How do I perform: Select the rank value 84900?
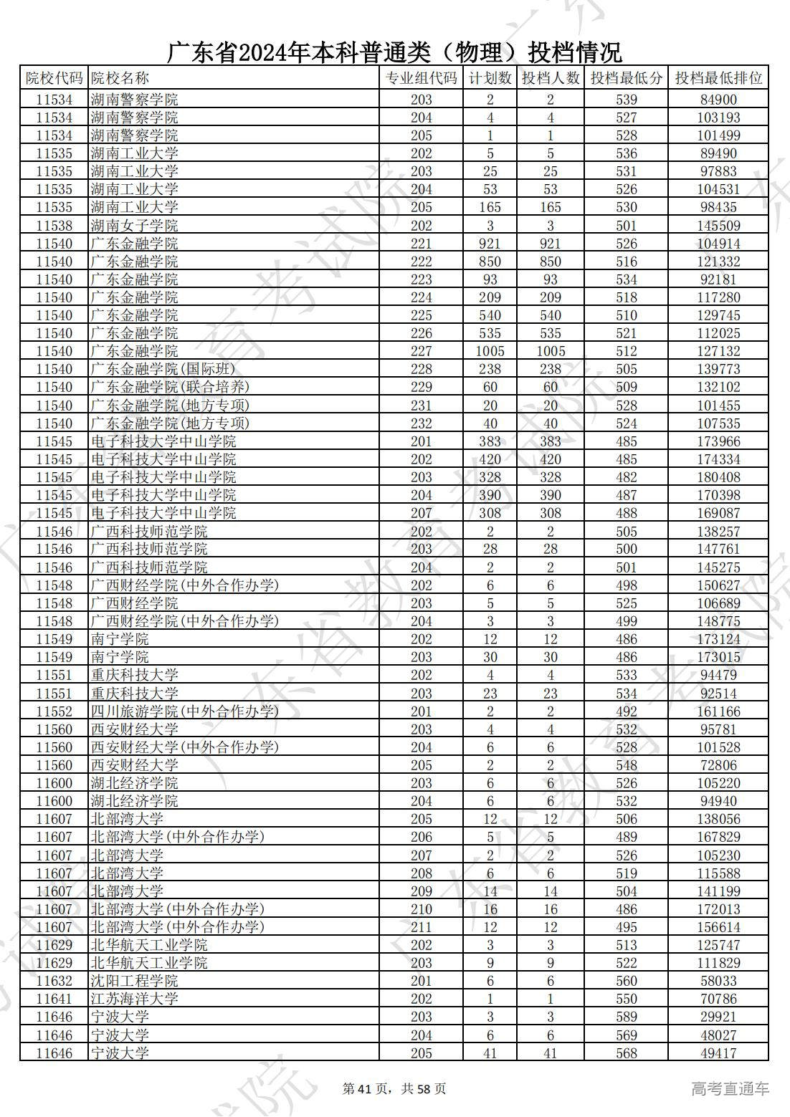click(718, 100)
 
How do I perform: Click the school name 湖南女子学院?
click(135, 226)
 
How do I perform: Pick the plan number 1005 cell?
click(490, 351)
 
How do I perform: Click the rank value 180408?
click(718, 477)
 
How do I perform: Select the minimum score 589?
click(626, 1017)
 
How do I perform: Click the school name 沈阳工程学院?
click(135, 981)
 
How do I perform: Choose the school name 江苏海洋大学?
click(135, 999)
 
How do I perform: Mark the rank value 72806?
click(718, 765)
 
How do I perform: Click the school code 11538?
click(54, 226)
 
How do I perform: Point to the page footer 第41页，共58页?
click(394, 1089)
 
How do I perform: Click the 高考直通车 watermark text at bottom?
click(730, 1089)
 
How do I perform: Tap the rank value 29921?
click(718, 1017)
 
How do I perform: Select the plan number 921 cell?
click(490, 244)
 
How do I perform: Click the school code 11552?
click(54, 711)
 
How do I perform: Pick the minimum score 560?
click(626, 981)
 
